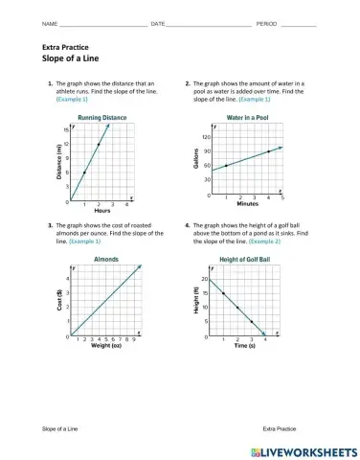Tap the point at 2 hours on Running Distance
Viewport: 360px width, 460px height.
pos(99,145)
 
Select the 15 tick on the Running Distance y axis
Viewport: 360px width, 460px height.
pos(66,129)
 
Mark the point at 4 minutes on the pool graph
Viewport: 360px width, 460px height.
pos(268,151)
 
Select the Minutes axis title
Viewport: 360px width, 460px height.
pos(247,204)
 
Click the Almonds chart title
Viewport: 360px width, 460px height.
pos(105,259)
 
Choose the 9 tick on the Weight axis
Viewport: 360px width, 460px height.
pos(133,339)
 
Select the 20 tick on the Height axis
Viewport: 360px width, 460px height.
pos(204,278)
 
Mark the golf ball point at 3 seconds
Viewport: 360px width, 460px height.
pos(252,322)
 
